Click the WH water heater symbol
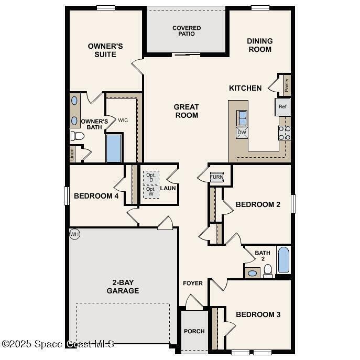tap(74, 234)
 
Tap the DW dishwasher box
tap(242, 133)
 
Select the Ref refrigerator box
tap(282, 107)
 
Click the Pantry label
tap(287, 85)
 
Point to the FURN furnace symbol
tap(216, 177)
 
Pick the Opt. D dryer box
tap(151, 177)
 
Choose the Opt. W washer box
tap(151, 191)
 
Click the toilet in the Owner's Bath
tap(78, 136)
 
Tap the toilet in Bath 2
tap(268, 271)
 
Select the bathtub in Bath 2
tap(284, 260)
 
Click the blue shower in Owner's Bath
tap(114, 148)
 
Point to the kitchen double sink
tap(242, 118)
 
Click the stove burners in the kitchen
tap(285, 133)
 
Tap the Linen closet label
tap(72, 154)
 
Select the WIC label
tap(123, 120)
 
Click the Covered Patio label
tap(187, 31)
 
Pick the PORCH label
tap(194, 331)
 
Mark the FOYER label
tap(193, 283)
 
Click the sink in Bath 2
tap(253, 273)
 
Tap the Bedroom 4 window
tap(67, 196)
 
